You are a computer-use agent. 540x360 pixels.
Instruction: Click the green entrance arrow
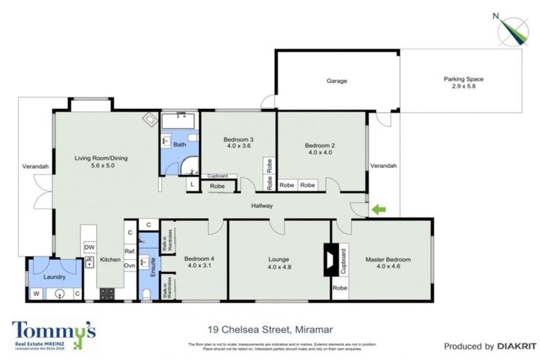coord(378,209)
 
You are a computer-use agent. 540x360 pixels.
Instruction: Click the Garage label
coord(337,81)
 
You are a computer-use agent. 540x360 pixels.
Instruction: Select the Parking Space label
coord(463,84)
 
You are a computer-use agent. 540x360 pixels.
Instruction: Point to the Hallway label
coord(262,205)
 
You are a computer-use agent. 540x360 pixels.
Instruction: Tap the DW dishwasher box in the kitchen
coord(89,247)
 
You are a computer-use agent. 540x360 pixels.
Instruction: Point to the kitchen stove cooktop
coord(107,294)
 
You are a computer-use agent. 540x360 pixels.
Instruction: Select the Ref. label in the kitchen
coord(129,250)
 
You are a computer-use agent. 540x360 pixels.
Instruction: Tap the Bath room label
coord(179,145)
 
